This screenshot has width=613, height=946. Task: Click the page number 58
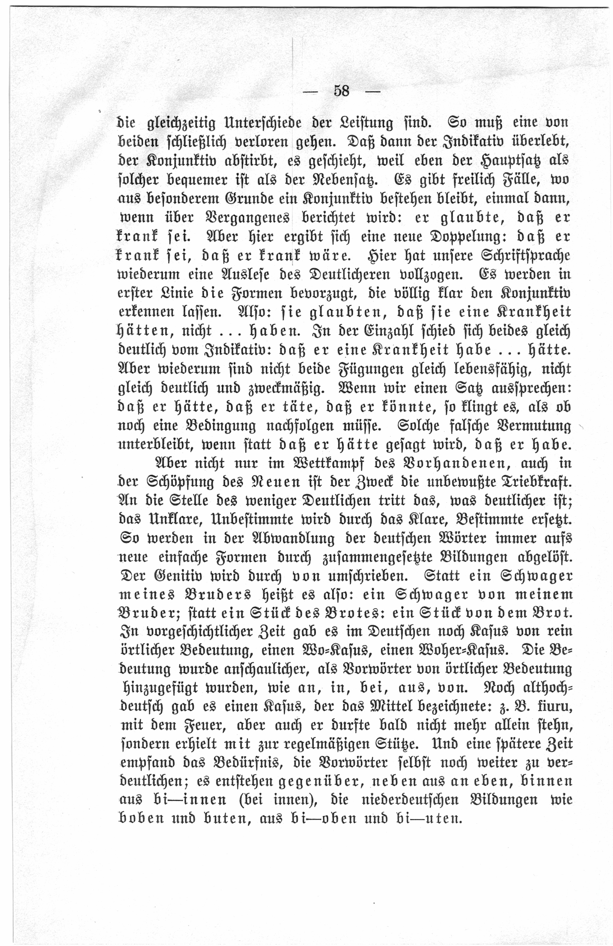point(342,91)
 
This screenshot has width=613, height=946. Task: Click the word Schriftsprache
point(526,256)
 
